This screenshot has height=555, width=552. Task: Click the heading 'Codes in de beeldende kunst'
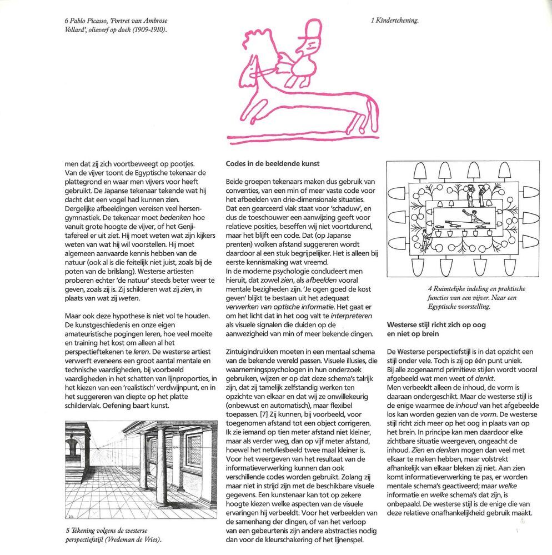(x=272, y=164)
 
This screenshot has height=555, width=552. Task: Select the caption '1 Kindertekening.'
(x=394, y=21)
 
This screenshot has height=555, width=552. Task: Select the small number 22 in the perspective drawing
(x=71, y=517)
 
